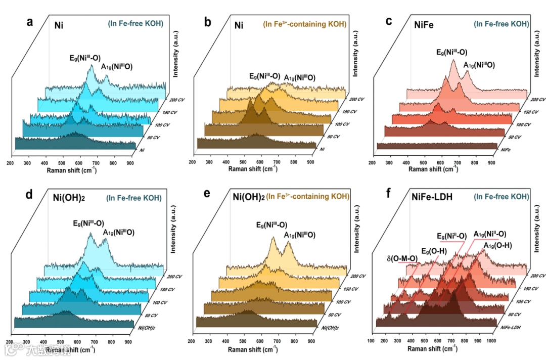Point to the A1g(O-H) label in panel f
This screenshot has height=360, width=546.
(x=498, y=246)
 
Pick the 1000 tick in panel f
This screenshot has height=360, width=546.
(x=490, y=341)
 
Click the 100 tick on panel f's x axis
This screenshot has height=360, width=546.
(x=371, y=341)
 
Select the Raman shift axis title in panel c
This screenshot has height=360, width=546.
(x=431, y=169)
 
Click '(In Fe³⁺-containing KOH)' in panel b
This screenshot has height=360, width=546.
(x=305, y=24)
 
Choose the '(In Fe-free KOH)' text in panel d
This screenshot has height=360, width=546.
(x=134, y=198)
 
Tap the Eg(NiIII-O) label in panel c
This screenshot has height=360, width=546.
(x=451, y=52)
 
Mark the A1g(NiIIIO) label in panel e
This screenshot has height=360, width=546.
(x=300, y=235)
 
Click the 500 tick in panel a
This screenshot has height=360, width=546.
(x=62, y=163)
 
